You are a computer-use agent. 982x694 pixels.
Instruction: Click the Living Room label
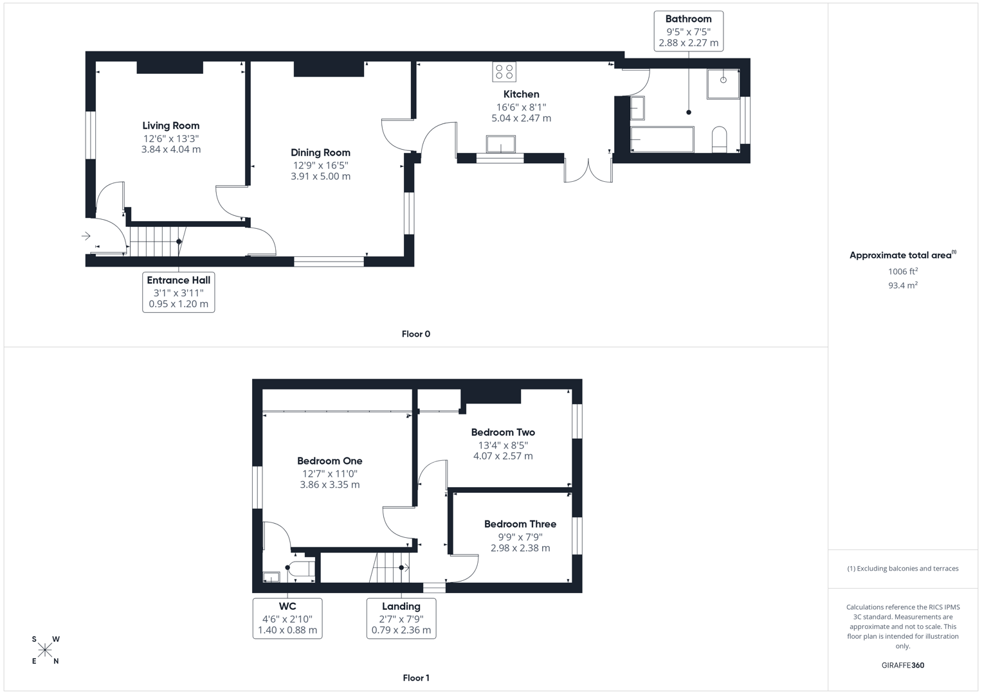pyautogui.click(x=171, y=126)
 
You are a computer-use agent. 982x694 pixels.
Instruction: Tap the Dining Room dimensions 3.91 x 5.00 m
pyautogui.click(x=320, y=177)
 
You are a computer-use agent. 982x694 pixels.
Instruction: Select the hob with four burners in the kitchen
pyautogui.click(x=504, y=71)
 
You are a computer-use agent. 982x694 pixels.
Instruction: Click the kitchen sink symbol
pyautogui.click(x=500, y=144)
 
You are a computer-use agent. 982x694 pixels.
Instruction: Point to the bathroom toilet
pyautogui.click(x=719, y=139)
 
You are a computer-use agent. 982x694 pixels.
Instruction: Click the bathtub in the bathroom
pyautogui.click(x=662, y=139)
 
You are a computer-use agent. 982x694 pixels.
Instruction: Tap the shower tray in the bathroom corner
pyautogui.click(x=723, y=84)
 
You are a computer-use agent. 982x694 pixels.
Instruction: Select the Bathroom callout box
pyautogui.click(x=688, y=31)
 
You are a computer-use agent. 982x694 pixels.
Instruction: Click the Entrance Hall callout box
pyautogui.click(x=178, y=292)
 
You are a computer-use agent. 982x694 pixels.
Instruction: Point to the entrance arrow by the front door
pyautogui.click(x=86, y=236)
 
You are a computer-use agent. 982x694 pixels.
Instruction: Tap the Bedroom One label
pyautogui.click(x=329, y=461)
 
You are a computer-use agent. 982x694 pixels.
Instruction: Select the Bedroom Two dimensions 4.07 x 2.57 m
pyautogui.click(x=503, y=456)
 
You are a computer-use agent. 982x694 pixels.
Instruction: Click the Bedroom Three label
pyautogui.click(x=520, y=524)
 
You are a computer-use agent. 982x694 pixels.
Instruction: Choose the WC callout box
pyautogui.click(x=287, y=618)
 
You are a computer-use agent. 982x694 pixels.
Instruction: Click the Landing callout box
pyautogui.click(x=401, y=618)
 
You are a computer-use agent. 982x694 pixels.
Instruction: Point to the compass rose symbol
pyautogui.click(x=45, y=650)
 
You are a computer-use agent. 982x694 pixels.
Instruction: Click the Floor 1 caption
pyautogui.click(x=415, y=678)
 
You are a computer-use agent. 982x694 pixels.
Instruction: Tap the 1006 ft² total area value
pyautogui.click(x=902, y=272)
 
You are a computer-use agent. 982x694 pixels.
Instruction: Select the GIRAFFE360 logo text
pyautogui.click(x=902, y=665)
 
